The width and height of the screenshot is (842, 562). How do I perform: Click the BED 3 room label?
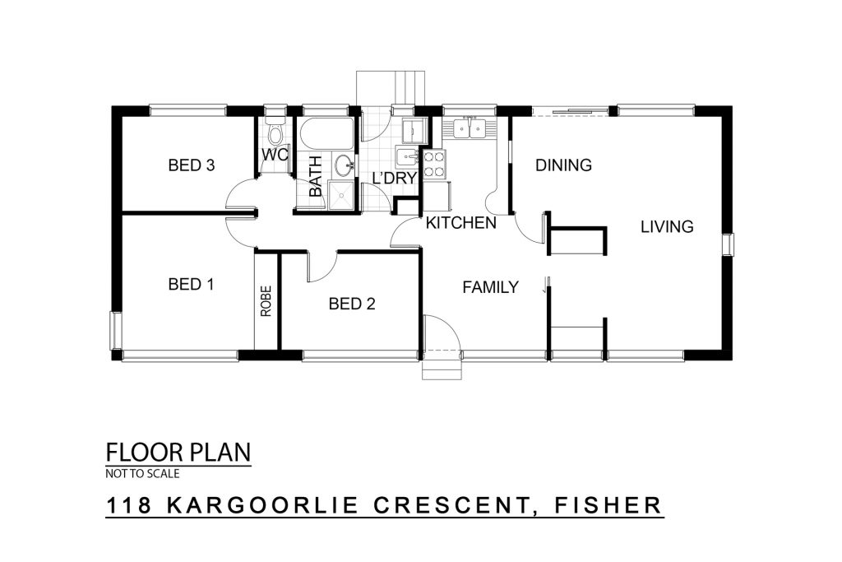pos(191,165)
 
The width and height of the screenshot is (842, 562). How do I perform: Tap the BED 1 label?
pos(191,284)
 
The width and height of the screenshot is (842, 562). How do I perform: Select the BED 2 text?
pos(352,304)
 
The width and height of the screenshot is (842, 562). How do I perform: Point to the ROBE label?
pos(266,301)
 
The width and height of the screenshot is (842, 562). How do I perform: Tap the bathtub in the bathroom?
pos(326,133)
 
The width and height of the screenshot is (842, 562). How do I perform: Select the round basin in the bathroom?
pos(342,165)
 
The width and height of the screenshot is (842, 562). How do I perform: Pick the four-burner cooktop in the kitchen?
pos(434,165)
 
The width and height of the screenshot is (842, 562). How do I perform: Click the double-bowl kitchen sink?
pos(470,128)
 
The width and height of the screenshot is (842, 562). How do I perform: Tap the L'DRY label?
pos(395,178)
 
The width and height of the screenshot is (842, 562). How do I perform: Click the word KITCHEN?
pos(460,222)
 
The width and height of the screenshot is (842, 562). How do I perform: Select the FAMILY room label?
pos(490,287)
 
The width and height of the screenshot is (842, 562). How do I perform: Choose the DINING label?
pos(563,165)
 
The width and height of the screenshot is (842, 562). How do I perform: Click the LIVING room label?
pos(667,227)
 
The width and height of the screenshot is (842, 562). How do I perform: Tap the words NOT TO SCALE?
pos(142,474)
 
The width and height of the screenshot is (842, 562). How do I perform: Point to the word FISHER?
pos(608,505)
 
